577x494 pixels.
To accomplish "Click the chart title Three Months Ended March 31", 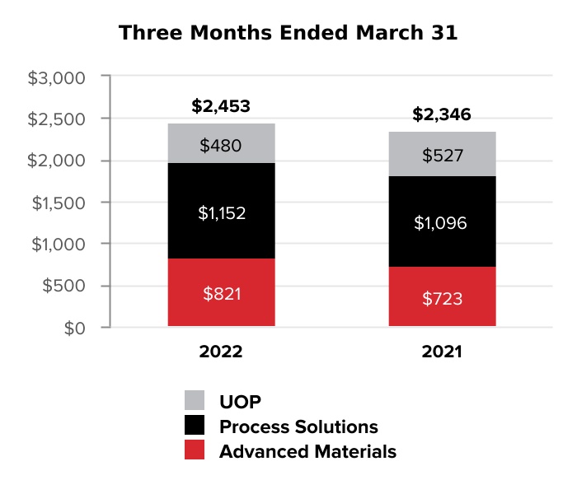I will [288, 33].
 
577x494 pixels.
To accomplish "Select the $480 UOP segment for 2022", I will [220, 144].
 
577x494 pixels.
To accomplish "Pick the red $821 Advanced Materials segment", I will [220, 293].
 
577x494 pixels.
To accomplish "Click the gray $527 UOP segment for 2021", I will [443, 154].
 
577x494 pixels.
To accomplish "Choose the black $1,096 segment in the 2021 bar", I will [443, 221].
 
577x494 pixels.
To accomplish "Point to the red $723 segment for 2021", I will [443, 297].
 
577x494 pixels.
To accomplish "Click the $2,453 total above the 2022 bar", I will [220, 106].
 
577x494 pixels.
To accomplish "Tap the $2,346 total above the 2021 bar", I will [443, 114].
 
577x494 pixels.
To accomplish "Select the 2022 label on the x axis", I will [220, 352].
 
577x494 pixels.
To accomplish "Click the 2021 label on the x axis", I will [443, 352].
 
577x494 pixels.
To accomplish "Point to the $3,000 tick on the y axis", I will [57, 78].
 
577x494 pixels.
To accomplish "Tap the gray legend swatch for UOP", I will [195, 402].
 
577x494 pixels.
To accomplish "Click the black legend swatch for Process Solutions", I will [195, 426].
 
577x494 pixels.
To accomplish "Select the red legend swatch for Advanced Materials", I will [195, 450].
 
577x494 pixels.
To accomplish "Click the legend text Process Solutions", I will [298, 426].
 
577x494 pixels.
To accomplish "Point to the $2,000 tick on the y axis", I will [57, 161].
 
